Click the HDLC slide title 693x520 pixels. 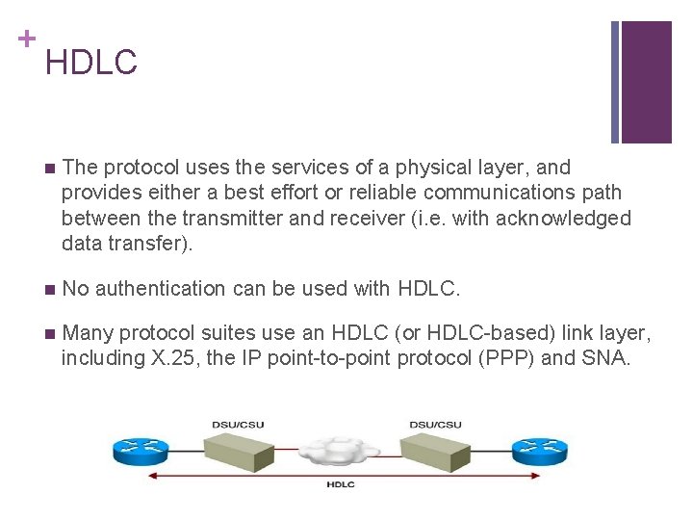tap(90, 63)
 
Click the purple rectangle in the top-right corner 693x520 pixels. tap(646, 82)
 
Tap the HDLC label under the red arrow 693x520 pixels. tap(340, 484)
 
